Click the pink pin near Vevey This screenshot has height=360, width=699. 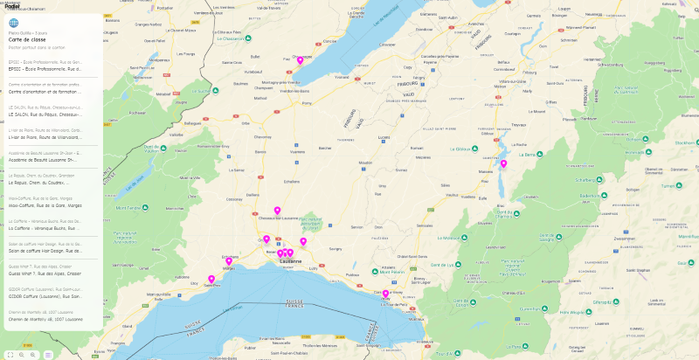coord(385,294)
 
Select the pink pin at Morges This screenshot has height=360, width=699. coord(230,260)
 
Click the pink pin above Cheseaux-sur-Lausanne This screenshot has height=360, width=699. coord(277,211)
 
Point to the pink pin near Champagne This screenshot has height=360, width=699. coord(300,60)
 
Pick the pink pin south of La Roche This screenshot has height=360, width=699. coord(503,163)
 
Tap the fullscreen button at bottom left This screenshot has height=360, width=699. coord(10,354)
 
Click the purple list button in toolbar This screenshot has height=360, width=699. coord(48,354)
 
